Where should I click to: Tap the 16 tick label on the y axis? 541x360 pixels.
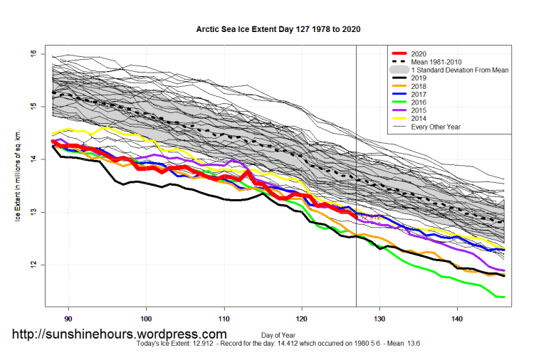click(x=33, y=54)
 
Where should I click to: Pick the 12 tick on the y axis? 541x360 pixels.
click(x=33, y=265)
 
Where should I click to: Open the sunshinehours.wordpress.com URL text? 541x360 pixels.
click(x=120, y=334)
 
